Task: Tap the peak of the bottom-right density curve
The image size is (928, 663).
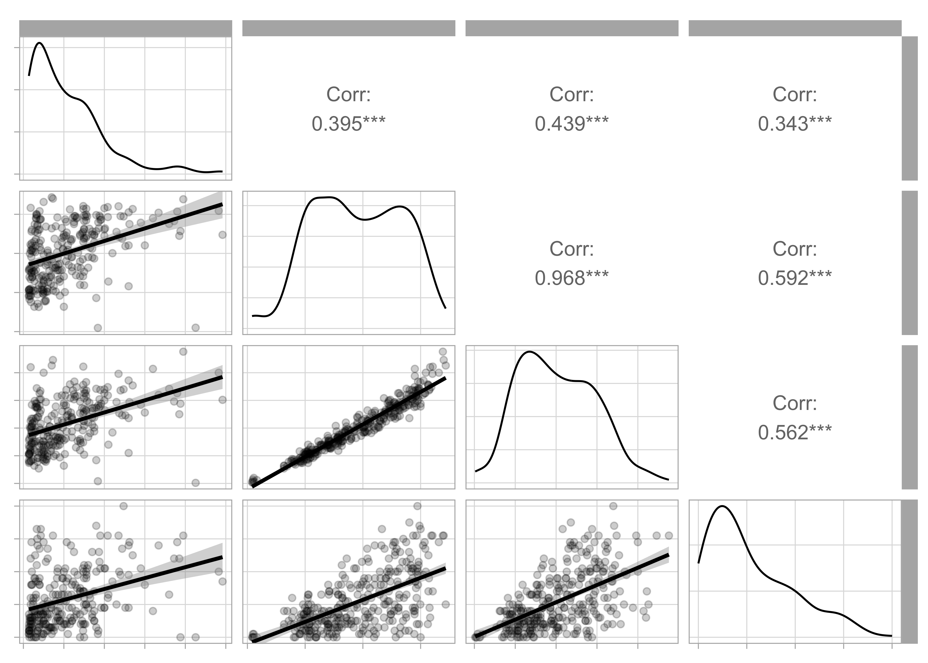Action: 722,506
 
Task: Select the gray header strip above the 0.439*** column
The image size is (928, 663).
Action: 571,28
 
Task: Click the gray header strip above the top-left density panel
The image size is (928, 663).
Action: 125,28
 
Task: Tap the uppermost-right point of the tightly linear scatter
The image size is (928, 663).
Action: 443,352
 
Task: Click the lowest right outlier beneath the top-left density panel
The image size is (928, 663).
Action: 196,328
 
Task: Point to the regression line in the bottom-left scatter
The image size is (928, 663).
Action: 125,584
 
